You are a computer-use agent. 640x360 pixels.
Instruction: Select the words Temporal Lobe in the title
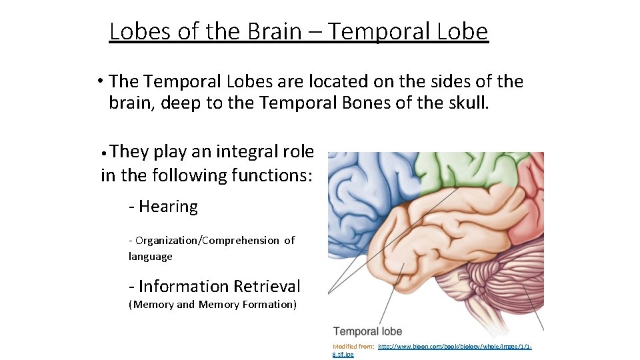click(408, 31)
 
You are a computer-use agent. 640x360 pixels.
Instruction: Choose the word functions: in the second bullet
click(271, 175)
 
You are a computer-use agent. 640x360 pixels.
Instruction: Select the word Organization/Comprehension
click(207, 240)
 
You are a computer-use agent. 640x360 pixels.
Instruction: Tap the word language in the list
click(151, 257)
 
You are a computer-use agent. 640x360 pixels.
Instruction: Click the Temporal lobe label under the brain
click(367, 331)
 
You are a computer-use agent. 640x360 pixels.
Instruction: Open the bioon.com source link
click(453, 347)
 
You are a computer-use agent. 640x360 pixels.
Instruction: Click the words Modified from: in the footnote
click(353, 347)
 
